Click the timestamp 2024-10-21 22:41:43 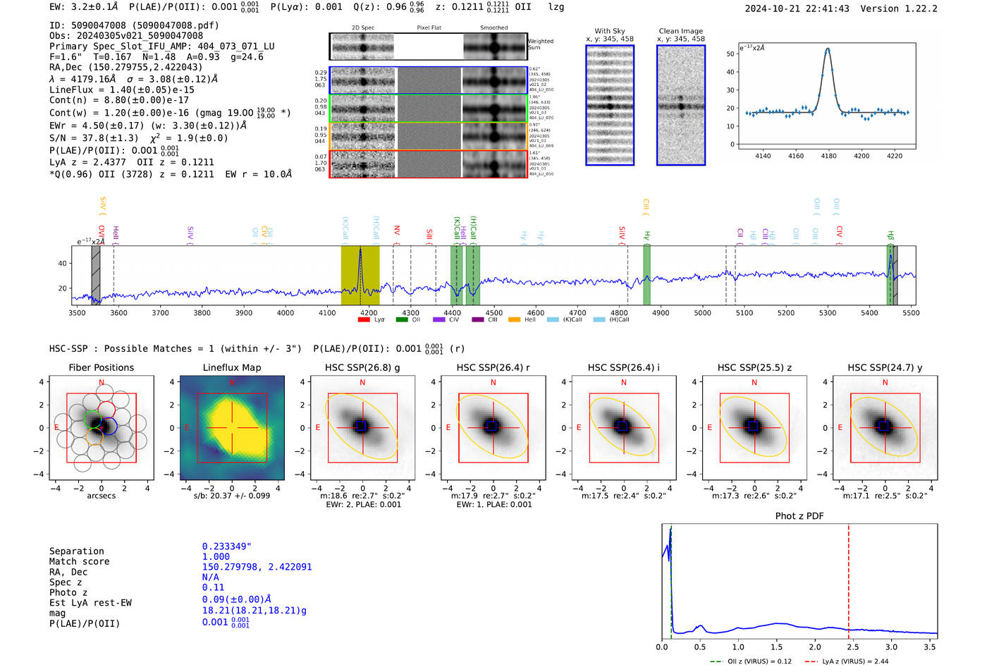(x=797, y=8)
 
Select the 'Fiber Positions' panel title (x=101, y=367)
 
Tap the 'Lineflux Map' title (x=231, y=367)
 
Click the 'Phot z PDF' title (x=799, y=516)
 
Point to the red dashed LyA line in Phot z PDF (x=849, y=578)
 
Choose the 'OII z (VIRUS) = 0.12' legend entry (x=755, y=661)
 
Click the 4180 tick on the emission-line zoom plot (x=828, y=156)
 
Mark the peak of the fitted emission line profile (x=828, y=49)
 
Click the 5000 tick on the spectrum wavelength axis (x=702, y=313)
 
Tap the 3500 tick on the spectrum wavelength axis (x=77, y=313)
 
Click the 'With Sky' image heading (x=609, y=31)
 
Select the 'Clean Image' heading (x=680, y=31)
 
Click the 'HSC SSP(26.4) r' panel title (x=493, y=367)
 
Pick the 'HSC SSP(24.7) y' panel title (x=885, y=367)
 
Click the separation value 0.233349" (x=226, y=546)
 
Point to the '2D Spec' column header (x=363, y=28)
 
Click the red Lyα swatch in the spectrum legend (x=364, y=319)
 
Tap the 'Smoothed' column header (x=493, y=28)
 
